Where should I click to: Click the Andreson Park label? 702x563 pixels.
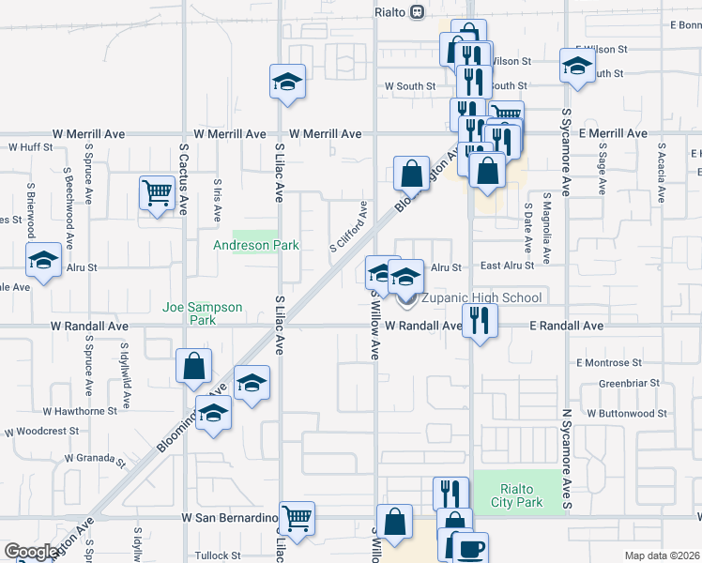click(255, 246)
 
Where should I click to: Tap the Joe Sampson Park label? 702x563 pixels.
click(203, 313)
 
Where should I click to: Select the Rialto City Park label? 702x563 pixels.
click(516, 495)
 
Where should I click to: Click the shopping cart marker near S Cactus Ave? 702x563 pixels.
click(158, 193)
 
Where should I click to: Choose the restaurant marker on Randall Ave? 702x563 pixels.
click(480, 322)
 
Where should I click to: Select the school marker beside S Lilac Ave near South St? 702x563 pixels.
click(288, 82)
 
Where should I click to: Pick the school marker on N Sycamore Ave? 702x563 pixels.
click(577, 66)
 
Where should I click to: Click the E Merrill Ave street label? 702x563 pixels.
click(613, 134)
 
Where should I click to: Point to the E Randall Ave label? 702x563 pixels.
click(566, 326)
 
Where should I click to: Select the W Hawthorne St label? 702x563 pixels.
click(80, 411)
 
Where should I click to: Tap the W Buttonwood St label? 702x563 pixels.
click(627, 413)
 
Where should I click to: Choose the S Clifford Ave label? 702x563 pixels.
click(347, 227)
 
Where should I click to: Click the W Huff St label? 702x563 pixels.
click(31, 147)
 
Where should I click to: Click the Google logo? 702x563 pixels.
click(31, 552)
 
